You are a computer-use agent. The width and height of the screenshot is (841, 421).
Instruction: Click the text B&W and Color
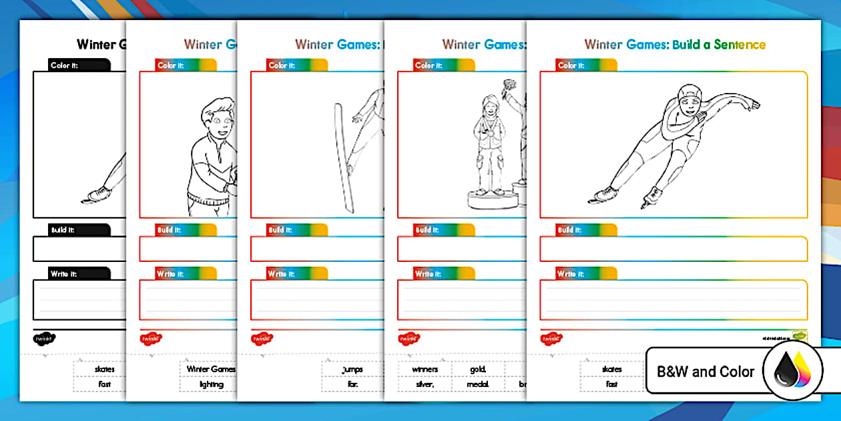[x=706, y=372]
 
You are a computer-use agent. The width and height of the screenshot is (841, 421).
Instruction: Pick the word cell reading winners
[x=425, y=369]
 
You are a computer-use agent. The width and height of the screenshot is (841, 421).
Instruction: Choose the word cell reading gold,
[x=478, y=369]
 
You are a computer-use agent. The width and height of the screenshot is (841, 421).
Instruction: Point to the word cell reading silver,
[x=425, y=384]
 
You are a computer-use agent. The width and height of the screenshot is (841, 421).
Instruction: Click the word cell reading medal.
[x=478, y=384]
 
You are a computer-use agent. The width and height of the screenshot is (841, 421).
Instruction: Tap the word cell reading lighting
[x=211, y=384]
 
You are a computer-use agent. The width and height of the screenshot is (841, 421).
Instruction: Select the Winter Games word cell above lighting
[x=211, y=369]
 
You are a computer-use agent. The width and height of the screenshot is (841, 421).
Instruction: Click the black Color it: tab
[x=79, y=65]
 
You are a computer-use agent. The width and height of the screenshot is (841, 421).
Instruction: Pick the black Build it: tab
[x=79, y=229]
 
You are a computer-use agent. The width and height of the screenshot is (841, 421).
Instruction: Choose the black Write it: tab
[x=79, y=273]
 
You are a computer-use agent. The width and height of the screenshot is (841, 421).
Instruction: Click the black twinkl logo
[x=43, y=338]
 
